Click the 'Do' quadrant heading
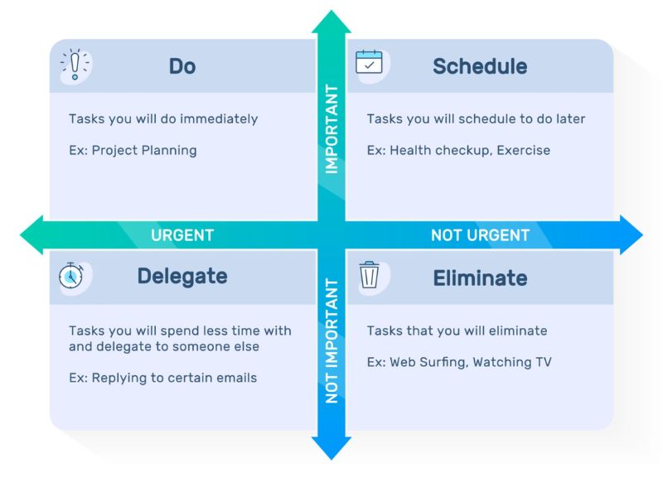(x=182, y=66)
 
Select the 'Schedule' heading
(x=480, y=66)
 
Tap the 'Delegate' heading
(x=182, y=277)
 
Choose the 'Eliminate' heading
(x=480, y=278)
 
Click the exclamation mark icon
(x=75, y=65)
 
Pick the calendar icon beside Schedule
(x=369, y=62)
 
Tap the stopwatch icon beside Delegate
(x=71, y=276)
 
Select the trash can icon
(x=369, y=275)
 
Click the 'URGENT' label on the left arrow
(x=182, y=235)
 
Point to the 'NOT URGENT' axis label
(x=480, y=235)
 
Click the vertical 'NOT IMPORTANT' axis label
(x=332, y=340)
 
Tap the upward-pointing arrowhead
(x=331, y=22)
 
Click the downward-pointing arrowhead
(x=331, y=448)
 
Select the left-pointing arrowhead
(x=31, y=235)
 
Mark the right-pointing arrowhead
(x=632, y=235)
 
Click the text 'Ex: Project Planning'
(x=133, y=151)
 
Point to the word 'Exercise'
(x=524, y=150)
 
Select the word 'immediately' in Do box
(x=219, y=118)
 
